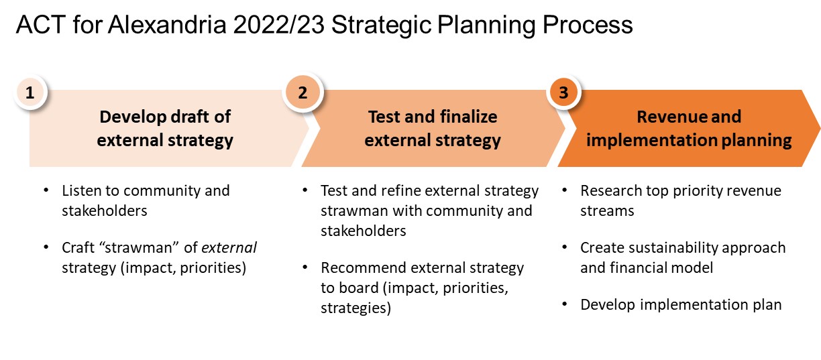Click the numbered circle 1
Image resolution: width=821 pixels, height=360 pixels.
click(30, 93)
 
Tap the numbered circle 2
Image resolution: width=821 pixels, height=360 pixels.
click(303, 93)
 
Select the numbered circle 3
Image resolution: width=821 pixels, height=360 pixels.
click(563, 93)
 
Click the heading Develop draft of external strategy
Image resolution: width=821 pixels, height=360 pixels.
click(165, 128)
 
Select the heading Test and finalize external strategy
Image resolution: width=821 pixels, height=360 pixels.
click(433, 128)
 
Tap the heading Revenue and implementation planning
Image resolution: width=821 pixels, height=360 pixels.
click(689, 128)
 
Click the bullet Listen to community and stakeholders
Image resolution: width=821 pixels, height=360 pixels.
click(146, 200)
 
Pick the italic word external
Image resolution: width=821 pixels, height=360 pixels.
click(231, 248)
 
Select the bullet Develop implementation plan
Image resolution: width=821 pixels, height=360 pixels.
click(681, 304)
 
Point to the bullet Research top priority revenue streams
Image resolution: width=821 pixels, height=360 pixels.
click(681, 200)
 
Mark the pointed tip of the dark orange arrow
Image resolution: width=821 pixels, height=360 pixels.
click(818, 128)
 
